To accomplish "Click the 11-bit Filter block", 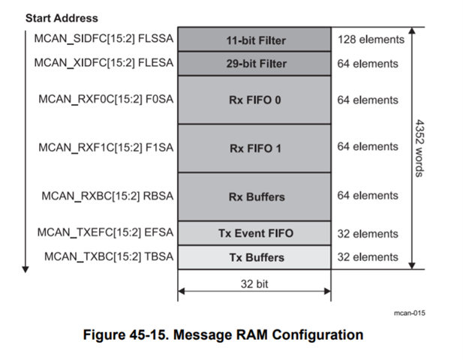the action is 254,39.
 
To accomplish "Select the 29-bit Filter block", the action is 254,64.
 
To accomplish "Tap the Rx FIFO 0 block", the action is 254,100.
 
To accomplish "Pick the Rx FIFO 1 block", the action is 254,148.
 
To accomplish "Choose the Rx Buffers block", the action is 254,196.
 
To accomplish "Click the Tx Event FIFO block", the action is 254,233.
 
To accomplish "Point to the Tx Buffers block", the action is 254,257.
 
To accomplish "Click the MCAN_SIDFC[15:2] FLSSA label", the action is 104,39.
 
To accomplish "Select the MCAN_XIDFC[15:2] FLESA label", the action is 104,63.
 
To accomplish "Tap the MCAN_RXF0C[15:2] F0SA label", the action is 106,99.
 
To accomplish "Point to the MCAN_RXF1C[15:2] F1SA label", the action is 106,148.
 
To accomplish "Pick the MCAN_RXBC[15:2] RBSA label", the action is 107,196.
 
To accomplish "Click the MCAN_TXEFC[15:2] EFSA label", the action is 105,232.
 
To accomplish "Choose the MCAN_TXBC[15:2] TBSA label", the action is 109,256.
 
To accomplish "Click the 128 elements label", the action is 371,39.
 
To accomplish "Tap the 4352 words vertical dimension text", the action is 419,148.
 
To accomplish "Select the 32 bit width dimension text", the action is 254,283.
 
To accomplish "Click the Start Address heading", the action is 62,18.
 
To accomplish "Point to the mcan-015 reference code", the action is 410,313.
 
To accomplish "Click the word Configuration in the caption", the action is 317,335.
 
